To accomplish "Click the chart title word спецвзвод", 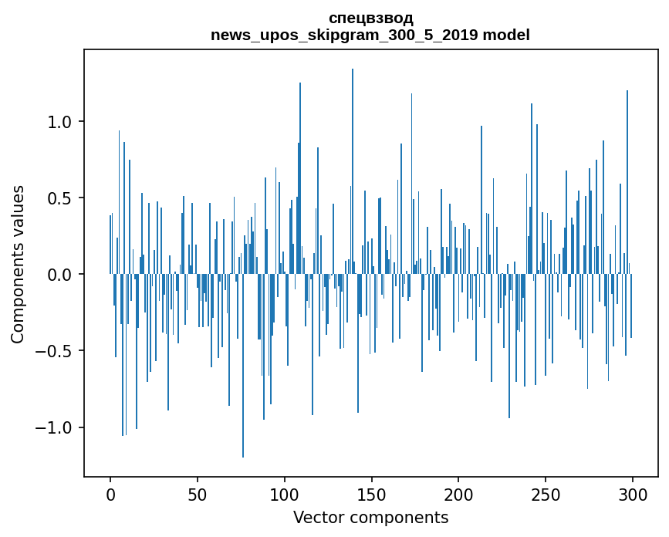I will (370, 18).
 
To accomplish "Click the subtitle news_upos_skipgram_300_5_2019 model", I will (370, 35).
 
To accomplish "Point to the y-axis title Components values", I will (17, 264).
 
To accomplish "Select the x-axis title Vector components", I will (370, 517).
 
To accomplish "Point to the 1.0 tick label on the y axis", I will (60, 122).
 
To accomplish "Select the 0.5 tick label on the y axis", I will (60, 198).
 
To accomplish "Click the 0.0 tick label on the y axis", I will (60, 275).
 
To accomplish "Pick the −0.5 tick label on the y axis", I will (56, 351).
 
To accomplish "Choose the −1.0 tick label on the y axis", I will (56, 427).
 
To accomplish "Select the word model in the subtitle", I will (509, 35).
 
